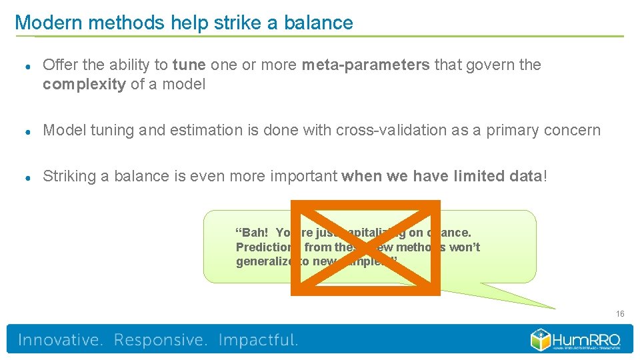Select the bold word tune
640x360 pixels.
[189, 65]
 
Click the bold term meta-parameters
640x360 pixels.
[365, 65]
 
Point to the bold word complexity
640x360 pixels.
[84, 85]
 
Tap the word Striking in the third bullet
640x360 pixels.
[69, 177]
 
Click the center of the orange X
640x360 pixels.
[365, 247]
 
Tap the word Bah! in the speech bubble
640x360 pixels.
[253, 233]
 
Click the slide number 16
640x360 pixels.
[620, 314]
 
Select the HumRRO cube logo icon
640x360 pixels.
[541, 339]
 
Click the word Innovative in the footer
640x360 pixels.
[60, 340]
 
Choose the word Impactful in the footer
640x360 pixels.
[258, 340]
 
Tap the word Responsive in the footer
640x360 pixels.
[160, 340]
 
